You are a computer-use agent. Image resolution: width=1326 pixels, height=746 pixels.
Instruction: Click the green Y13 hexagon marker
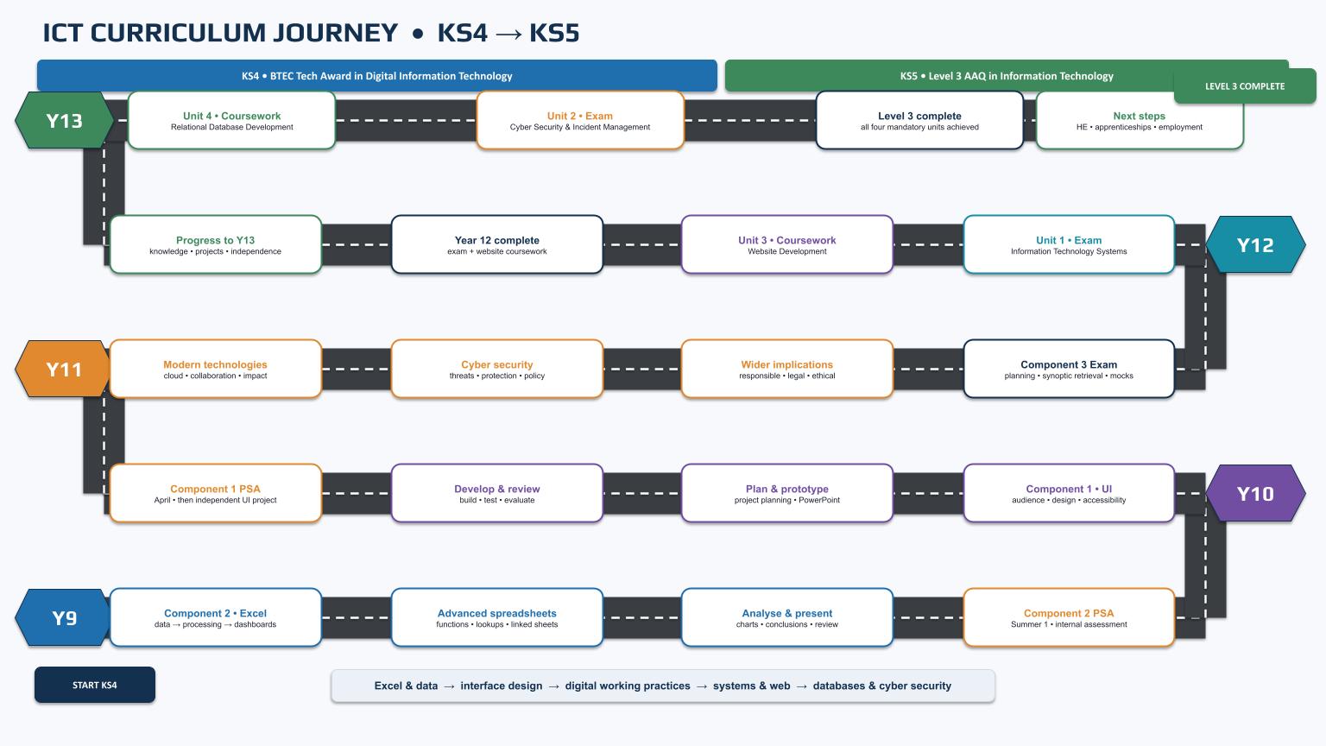(64, 120)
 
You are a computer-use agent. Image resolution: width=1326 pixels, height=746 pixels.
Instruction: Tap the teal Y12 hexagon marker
(1255, 244)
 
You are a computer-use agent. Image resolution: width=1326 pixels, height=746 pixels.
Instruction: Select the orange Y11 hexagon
(64, 369)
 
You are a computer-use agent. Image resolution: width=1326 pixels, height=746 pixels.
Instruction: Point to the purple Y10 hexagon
(1255, 493)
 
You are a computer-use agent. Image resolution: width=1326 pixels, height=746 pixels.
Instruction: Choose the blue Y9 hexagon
(64, 617)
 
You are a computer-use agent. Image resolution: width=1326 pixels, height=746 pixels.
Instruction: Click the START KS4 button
(95, 685)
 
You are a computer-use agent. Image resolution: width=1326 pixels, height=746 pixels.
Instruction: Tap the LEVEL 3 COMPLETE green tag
(1245, 85)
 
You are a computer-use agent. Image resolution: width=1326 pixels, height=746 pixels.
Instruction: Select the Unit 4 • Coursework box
(231, 120)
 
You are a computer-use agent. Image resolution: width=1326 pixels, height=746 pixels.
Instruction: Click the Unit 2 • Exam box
(580, 120)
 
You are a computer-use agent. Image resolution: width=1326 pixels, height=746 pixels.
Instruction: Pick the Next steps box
(1140, 120)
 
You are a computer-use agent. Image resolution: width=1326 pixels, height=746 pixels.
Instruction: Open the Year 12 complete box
(497, 244)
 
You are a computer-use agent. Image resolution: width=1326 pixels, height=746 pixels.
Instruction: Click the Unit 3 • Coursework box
(786, 244)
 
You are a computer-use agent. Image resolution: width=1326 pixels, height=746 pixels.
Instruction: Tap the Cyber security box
(497, 369)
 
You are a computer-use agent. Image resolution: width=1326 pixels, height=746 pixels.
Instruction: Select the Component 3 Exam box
(1069, 369)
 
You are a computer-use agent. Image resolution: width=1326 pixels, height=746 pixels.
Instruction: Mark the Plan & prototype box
(786, 493)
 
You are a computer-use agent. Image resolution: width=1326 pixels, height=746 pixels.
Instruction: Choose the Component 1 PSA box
(216, 493)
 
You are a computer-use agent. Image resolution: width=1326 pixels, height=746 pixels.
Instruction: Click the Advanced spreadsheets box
(497, 617)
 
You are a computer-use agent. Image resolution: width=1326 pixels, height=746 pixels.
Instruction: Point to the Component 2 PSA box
(1069, 617)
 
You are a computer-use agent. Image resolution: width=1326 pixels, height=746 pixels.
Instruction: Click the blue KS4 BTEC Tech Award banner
(377, 76)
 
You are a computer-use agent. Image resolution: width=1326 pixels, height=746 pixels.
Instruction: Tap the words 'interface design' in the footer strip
(502, 686)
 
